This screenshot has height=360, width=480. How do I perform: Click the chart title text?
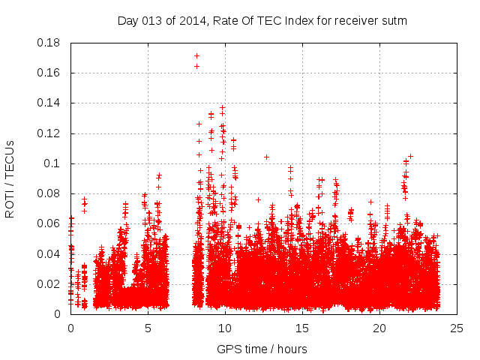tap(262, 20)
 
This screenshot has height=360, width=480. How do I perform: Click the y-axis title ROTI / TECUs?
tap(10, 178)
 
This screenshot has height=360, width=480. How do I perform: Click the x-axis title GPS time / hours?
tap(262, 349)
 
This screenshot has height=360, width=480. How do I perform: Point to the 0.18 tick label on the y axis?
tap(49, 43)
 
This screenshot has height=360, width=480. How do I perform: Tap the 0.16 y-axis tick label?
tap(49, 73)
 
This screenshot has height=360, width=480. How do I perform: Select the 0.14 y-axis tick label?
tap(49, 103)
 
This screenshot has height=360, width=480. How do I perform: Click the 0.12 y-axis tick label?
tap(49, 133)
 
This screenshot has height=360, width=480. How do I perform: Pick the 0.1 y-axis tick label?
tap(53, 163)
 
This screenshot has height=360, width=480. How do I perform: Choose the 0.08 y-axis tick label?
tap(49, 193)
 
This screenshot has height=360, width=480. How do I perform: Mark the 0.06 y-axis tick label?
tap(49, 223)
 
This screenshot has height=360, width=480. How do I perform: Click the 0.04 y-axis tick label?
tap(49, 253)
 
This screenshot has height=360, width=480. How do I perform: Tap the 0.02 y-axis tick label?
tap(49, 284)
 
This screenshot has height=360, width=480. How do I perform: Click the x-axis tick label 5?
tap(148, 328)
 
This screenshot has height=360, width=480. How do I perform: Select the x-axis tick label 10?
tap(225, 328)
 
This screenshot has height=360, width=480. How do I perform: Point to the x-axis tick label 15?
tap(302, 328)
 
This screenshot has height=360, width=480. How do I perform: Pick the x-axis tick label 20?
tap(379, 328)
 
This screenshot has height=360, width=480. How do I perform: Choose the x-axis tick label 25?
tap(457, 328)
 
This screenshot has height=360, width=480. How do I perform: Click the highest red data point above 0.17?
tap(196, 55)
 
